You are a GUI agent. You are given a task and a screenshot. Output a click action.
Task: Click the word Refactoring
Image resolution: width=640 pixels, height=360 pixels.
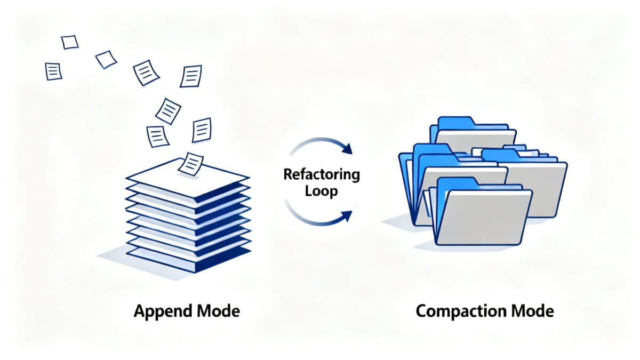(x=322, y=174)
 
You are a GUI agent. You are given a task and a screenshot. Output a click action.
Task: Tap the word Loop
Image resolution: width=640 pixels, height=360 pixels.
(x=322, y=191)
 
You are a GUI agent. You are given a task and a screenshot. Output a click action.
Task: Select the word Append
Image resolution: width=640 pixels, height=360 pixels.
(x=163, y=311)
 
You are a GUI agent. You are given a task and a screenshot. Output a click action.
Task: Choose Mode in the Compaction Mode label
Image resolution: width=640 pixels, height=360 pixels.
(x=533, y=311)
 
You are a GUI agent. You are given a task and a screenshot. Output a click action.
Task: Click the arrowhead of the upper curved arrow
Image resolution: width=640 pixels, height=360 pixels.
(x=347, y=149)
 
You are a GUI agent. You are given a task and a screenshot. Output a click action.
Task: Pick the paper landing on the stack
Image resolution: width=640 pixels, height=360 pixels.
(x=190, y=164)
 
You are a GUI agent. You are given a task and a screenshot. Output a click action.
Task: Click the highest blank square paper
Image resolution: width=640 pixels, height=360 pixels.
(x=70, y=42)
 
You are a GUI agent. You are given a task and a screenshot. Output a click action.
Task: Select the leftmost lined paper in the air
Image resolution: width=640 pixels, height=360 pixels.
(x=53, y=71)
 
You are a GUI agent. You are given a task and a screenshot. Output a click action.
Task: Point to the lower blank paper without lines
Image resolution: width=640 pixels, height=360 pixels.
(x=106, y=59)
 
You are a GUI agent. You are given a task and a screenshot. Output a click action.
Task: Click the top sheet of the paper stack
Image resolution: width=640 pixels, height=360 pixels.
(x=188, y=177)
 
